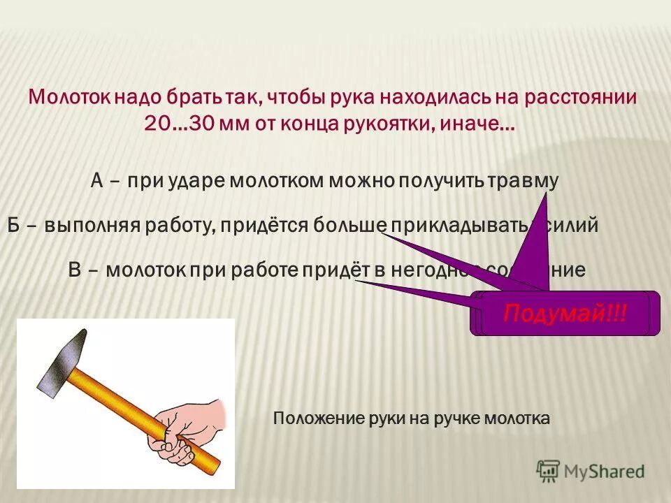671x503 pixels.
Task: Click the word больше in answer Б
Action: pyautogui.click(x=350, y=225)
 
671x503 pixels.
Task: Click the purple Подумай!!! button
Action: pyautogui.click(x=565, y=313)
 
